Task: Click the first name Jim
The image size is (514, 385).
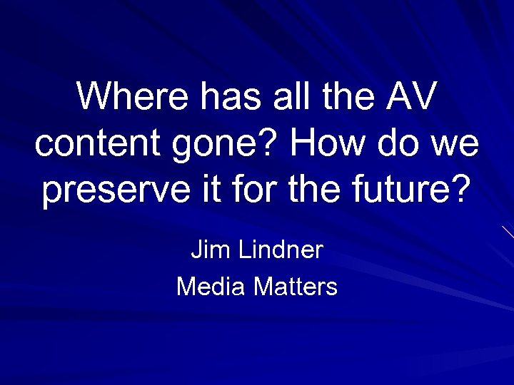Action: pyautogui.click(x=206, y=250)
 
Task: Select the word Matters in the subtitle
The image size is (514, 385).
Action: pyautogui.click(x=296, y=287)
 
